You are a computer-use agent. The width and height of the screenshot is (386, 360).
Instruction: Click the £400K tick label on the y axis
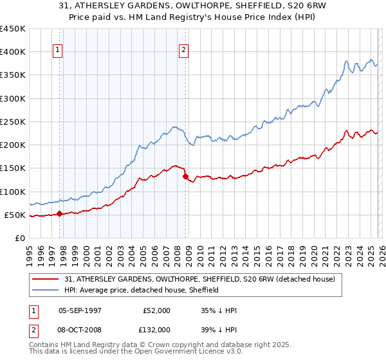click(x=12, y=52)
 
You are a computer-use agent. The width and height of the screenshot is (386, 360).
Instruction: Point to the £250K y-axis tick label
click(x=12, y=122)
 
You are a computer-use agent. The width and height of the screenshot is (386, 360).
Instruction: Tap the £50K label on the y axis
click(x=15, y=215)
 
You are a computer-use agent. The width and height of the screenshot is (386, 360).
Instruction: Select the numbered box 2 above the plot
click(x=184, y=50)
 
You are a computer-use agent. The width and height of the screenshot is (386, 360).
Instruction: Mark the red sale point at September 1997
click(x=60, y=214)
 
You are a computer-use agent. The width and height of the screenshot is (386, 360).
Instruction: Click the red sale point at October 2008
click(x=185, y=177)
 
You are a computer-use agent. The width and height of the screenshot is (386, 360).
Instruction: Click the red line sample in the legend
click(x=46, y=279)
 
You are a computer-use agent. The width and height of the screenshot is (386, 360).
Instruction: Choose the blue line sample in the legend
click(x=46, y=290)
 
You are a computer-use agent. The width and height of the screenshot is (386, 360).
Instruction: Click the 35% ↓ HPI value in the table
click(x=219, y=310)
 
